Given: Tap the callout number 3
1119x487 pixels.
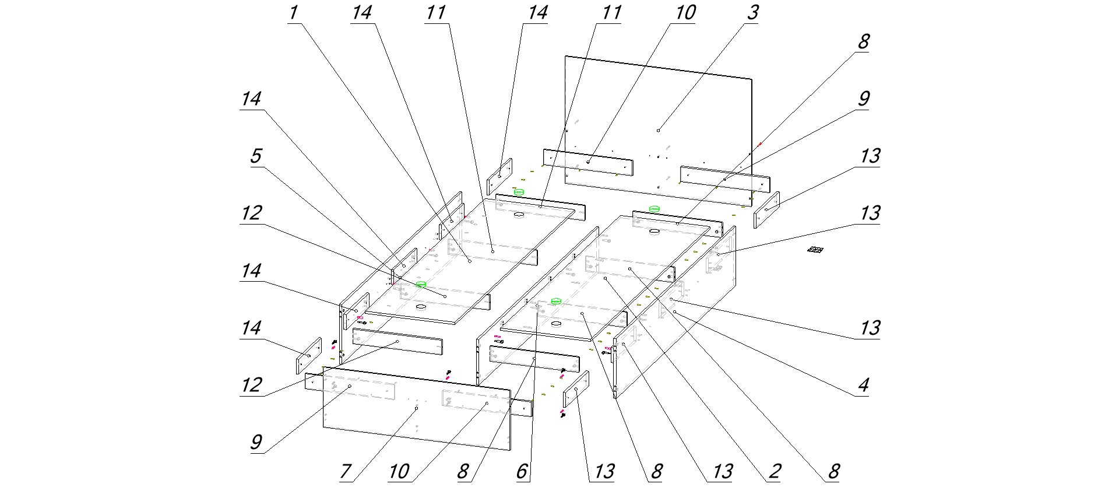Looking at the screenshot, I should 752,13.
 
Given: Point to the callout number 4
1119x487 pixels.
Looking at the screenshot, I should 863,384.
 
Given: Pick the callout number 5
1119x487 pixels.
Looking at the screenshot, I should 255,156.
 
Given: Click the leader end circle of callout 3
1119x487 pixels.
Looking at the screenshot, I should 658,130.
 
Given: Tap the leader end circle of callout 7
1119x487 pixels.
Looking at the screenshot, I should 416,409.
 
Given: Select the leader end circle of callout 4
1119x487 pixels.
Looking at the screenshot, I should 674,312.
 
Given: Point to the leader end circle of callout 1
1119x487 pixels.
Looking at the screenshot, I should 469,262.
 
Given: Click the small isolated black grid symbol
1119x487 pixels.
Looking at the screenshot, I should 815,250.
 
